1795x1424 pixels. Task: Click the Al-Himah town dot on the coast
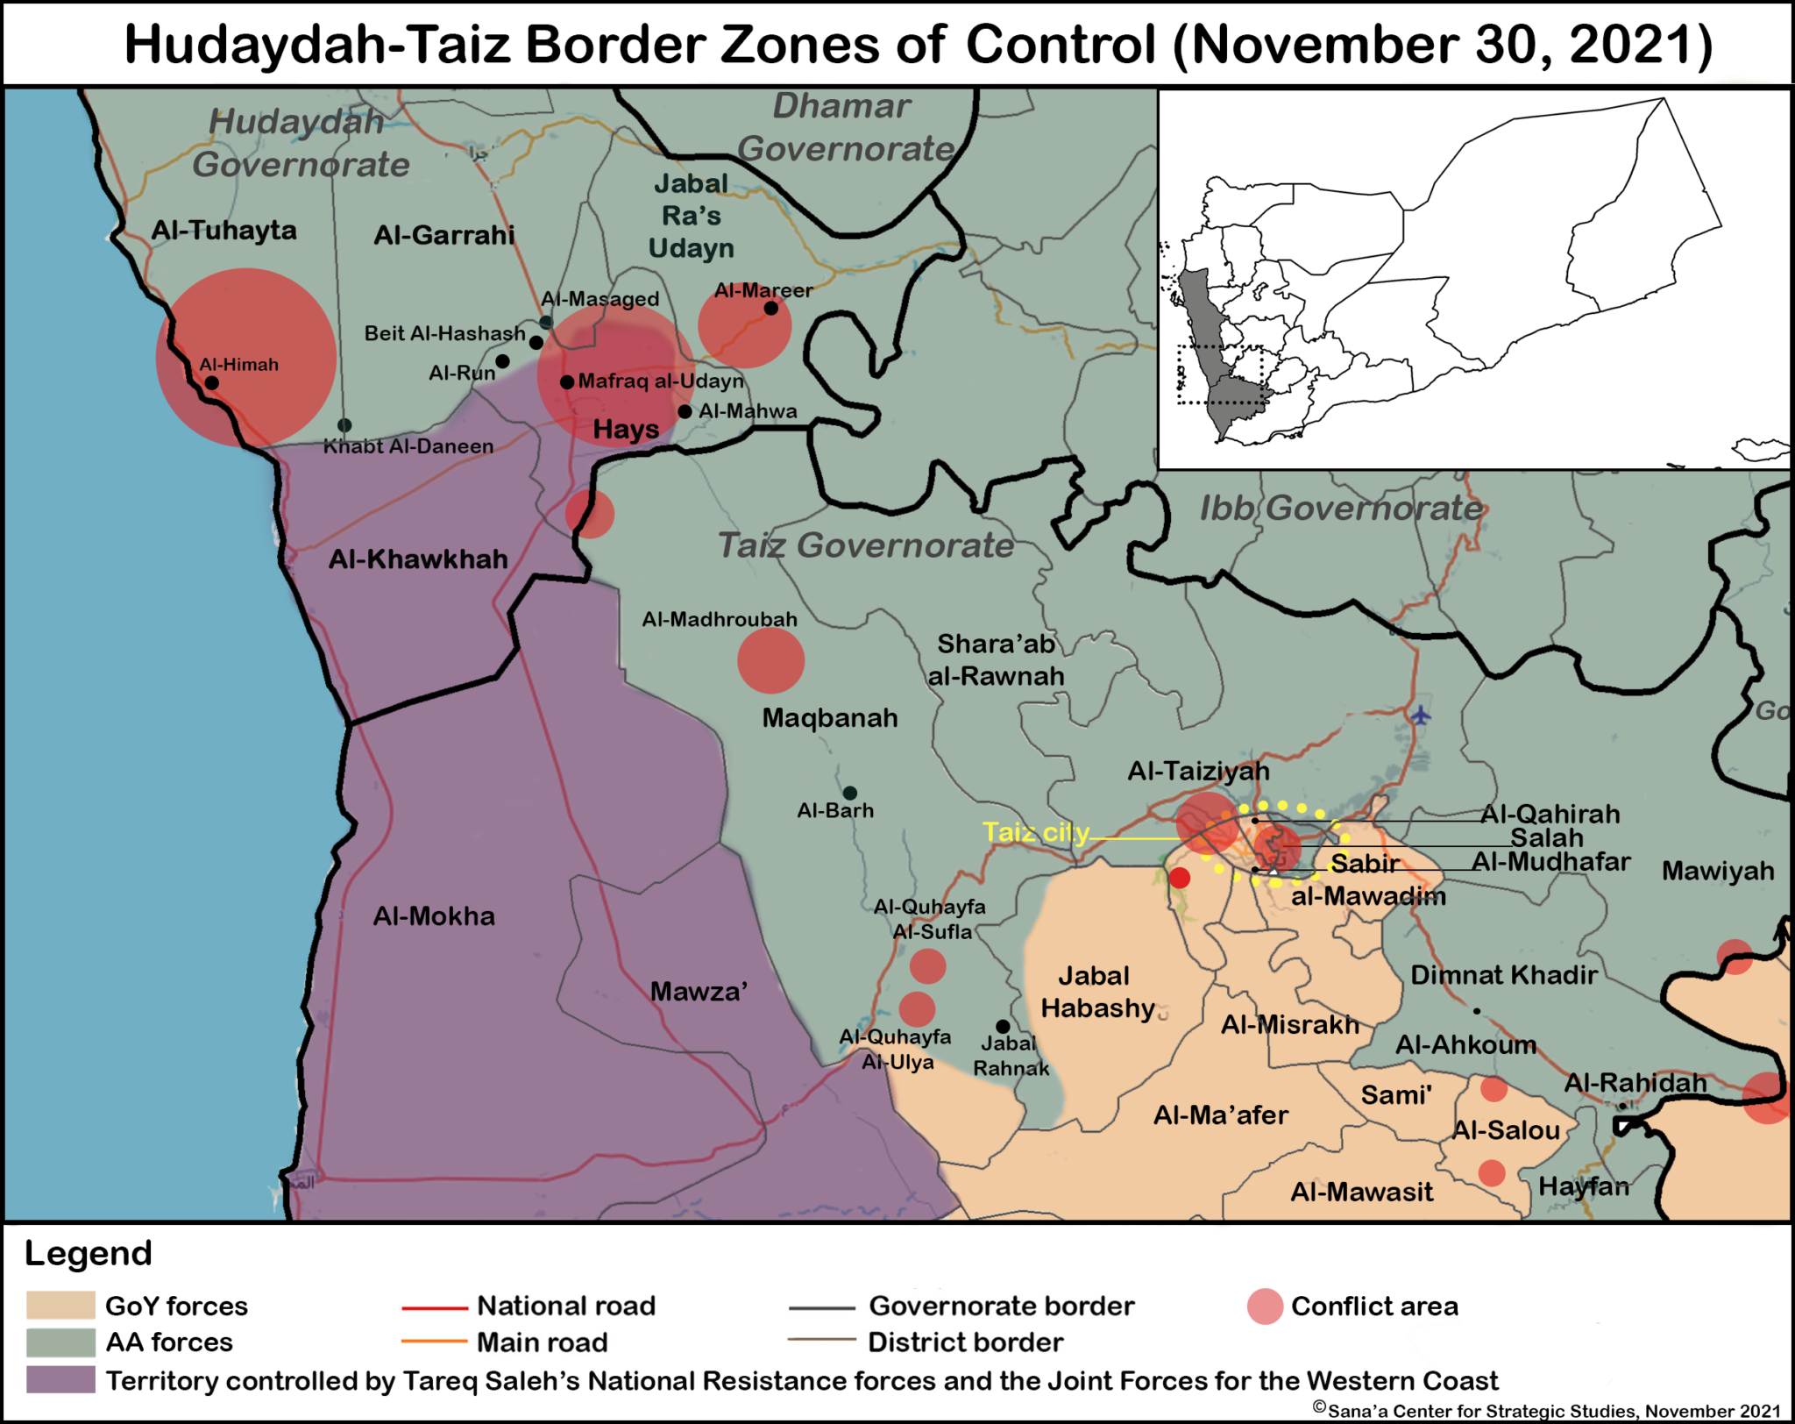[212, 383]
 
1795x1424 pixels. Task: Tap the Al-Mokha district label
[434, 916]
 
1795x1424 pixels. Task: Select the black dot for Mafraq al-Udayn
[567, 382]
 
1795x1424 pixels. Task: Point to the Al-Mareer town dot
[770, 308]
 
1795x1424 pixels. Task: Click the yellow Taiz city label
[1035, 832]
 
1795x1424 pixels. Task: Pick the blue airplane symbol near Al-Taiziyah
[1421, 716]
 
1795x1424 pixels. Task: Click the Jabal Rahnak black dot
[1003, 1026]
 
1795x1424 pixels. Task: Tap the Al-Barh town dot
[849, 794]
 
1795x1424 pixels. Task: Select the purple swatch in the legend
[60, 1379]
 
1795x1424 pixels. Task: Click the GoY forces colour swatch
[60, 1305]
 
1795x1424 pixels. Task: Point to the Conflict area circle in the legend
[1265, 1307]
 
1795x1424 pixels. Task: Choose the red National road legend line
[435, 1307]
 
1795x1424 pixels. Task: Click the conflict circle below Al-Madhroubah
[770, 660]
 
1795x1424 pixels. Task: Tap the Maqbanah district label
[830, 718]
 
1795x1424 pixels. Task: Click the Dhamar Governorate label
[844, 128]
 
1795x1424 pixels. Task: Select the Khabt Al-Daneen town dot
[344, 425]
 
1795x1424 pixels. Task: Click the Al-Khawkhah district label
[418, 559]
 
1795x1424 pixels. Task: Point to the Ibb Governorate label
[1341, 508]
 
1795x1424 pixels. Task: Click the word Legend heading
[89, 1253]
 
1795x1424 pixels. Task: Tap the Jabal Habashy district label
[1096, 992]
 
